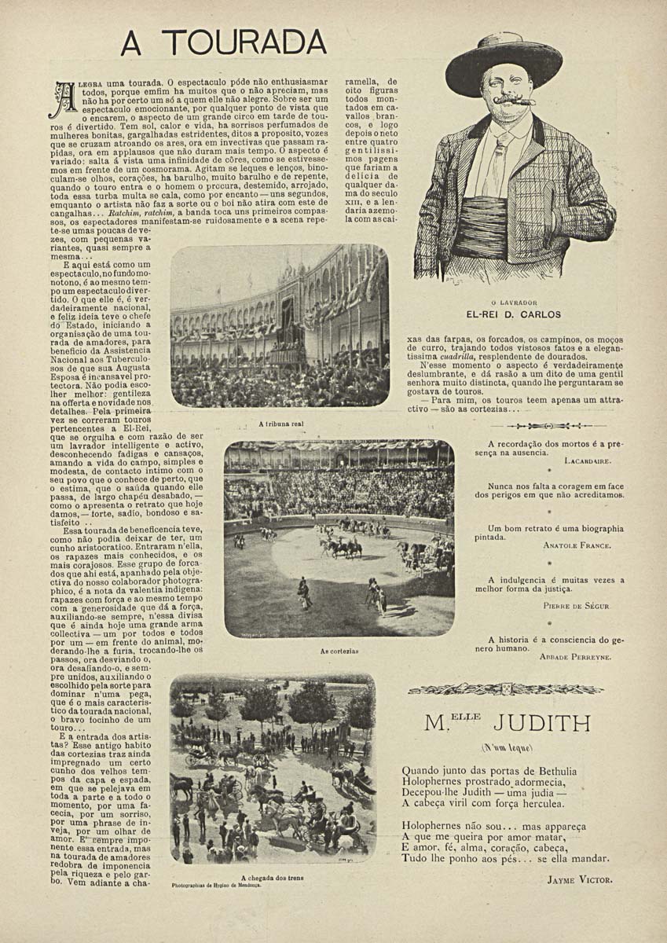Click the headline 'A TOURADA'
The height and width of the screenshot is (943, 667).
(223, 42)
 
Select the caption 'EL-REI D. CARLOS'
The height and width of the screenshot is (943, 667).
(514, 314)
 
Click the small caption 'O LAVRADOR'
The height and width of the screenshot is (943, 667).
(514, 303)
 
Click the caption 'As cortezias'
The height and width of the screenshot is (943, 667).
(339, 651)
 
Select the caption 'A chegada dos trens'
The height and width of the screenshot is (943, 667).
(273, 878)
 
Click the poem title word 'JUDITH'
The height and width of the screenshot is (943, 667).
(541, 722)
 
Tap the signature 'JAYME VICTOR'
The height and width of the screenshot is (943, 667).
(579, 879)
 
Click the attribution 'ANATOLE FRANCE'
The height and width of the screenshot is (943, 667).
(577, 545)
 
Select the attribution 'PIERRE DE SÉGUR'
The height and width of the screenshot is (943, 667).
(576, 606)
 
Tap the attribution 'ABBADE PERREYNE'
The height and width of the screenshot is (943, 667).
(575, 656)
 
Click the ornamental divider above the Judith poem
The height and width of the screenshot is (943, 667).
(505, 689)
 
